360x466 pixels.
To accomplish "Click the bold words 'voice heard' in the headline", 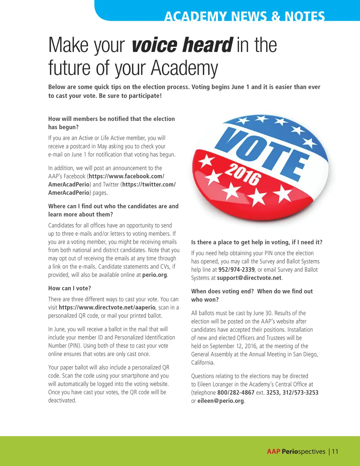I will [x=182, y=45].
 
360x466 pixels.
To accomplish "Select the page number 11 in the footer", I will [x=335, y=452].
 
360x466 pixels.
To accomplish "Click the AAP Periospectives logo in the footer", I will [x=296, y=452].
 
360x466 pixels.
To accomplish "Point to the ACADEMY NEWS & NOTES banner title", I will [x=245, y=16].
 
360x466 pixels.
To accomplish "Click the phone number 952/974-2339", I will [x=236, y=270].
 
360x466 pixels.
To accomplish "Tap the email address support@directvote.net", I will [x=249, y=278].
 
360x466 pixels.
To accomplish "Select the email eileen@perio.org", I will [x=220, y=401].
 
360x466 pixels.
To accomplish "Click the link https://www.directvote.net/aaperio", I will [x=107, y=307].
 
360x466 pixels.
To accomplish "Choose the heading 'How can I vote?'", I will [x=70, y=288].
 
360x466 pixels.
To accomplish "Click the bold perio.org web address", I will [x=154, y=275].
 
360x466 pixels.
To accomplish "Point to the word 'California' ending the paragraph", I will [x=202, y=363].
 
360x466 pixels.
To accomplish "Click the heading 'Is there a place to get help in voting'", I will [x=257, y=242].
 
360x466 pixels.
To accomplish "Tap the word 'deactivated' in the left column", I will [x=62, y=401].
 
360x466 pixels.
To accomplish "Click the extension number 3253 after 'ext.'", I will [x=272, y=392].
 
